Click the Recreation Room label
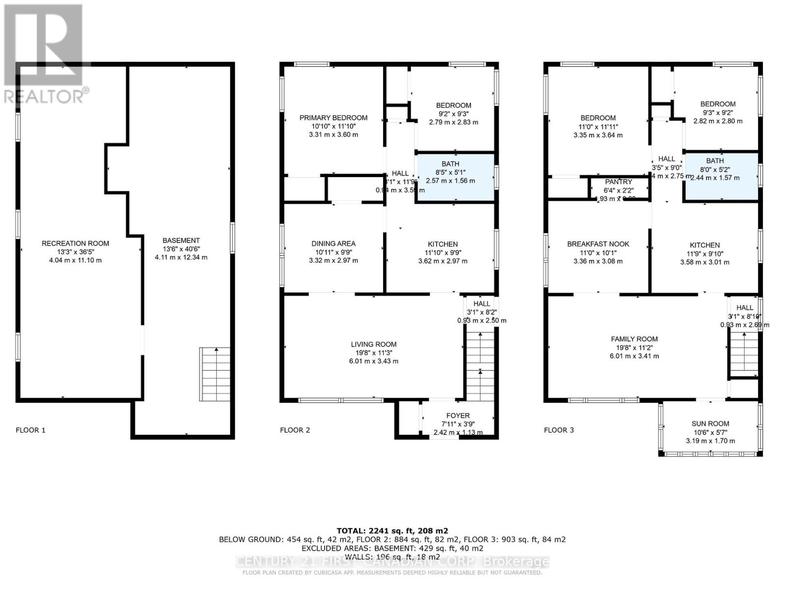(75, 243)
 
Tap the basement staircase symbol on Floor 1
(215, 374)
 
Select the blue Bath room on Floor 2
(455, 177)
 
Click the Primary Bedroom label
(333, 118)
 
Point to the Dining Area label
(333, 243)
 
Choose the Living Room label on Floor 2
(373, 345)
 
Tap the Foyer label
(458, 416)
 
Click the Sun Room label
(710, 424)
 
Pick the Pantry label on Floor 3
(618, 182)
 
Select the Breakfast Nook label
(598, 244)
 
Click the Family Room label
(634, 339)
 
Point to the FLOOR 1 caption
(30, 430)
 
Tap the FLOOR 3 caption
(558, 430)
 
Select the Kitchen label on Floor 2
(443, 244)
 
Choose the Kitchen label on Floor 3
(705, 245)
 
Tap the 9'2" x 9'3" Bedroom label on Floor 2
(453, 106)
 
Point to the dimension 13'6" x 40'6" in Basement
(181, 249)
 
